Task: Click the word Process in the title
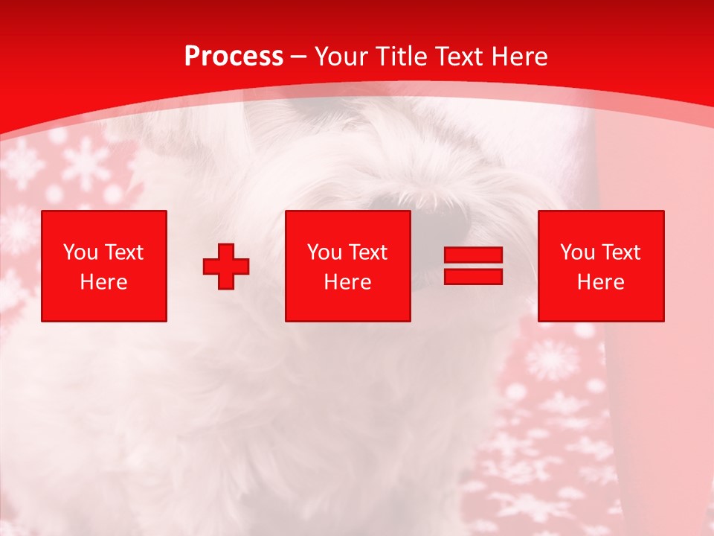point(234,57)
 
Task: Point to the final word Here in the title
point(520,57)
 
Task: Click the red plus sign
point(226,267)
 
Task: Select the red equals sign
point(473,266)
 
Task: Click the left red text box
point(104,266)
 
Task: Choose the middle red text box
point(348,266)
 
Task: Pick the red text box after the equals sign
point(601,266)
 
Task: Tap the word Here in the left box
point(104,282)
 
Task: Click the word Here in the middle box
point(348,282)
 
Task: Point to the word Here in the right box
point(601,282)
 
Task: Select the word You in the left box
point(80,252)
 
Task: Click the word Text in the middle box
point(367,252)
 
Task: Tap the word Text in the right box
point(620,252)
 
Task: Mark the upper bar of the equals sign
point(473,256)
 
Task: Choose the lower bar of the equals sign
point(473,276)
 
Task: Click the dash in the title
point(299,57)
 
